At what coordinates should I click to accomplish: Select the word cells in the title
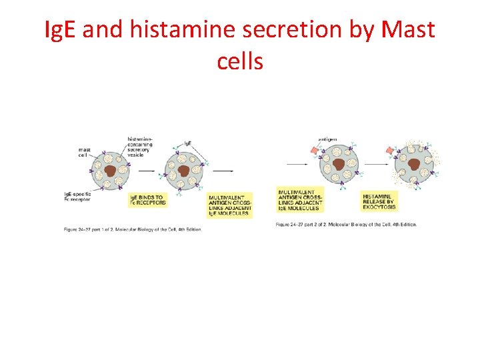[x=240, y=61]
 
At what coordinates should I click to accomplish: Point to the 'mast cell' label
[x=85, y=152]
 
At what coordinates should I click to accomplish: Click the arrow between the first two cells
[x=147, y=170]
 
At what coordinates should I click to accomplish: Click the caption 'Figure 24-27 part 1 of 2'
[x=132, y=229]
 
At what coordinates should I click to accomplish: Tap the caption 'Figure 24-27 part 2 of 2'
[x=346, y=224]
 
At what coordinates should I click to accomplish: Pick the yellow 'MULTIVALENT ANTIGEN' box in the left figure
[x=230, y=205]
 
